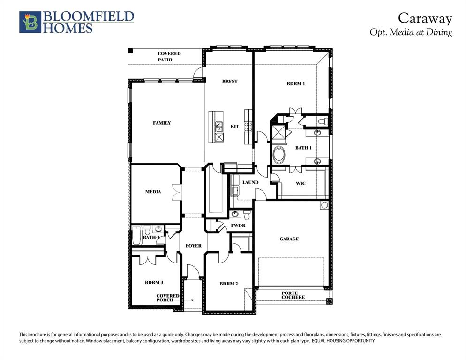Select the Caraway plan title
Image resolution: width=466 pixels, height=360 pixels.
click(425, 18)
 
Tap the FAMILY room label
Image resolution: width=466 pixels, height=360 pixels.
click(162, 123)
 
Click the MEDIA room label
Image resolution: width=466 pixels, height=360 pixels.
click(153, 192)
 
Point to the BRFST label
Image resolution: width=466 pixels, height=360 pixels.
click(230, 82)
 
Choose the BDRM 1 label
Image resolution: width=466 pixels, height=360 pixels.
click(296, 84)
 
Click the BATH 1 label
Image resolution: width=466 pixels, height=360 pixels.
click(303, 148)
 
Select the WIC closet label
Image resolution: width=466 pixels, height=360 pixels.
click(301, 183)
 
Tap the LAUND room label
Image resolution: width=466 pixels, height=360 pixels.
click(250, 182)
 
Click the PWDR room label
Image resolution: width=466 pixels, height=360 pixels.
click(238, 226)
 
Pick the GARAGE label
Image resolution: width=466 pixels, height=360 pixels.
click(289, 239)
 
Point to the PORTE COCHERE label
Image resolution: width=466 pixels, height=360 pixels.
click(293, 295)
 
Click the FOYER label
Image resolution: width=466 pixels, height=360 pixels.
click(193, 246)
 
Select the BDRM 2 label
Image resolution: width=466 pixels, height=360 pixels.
click(229, 284)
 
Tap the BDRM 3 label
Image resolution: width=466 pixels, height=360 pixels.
click(154, 283)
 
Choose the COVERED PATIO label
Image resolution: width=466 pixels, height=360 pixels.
click(169, 57)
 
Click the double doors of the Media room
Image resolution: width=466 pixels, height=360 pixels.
click(176, 193)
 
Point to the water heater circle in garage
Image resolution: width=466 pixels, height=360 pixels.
click(324, 206)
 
